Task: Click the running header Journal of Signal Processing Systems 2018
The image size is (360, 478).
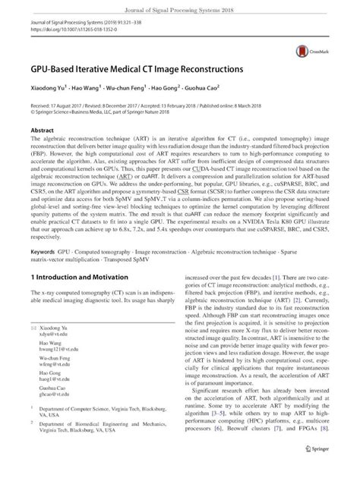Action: [181, 7]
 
